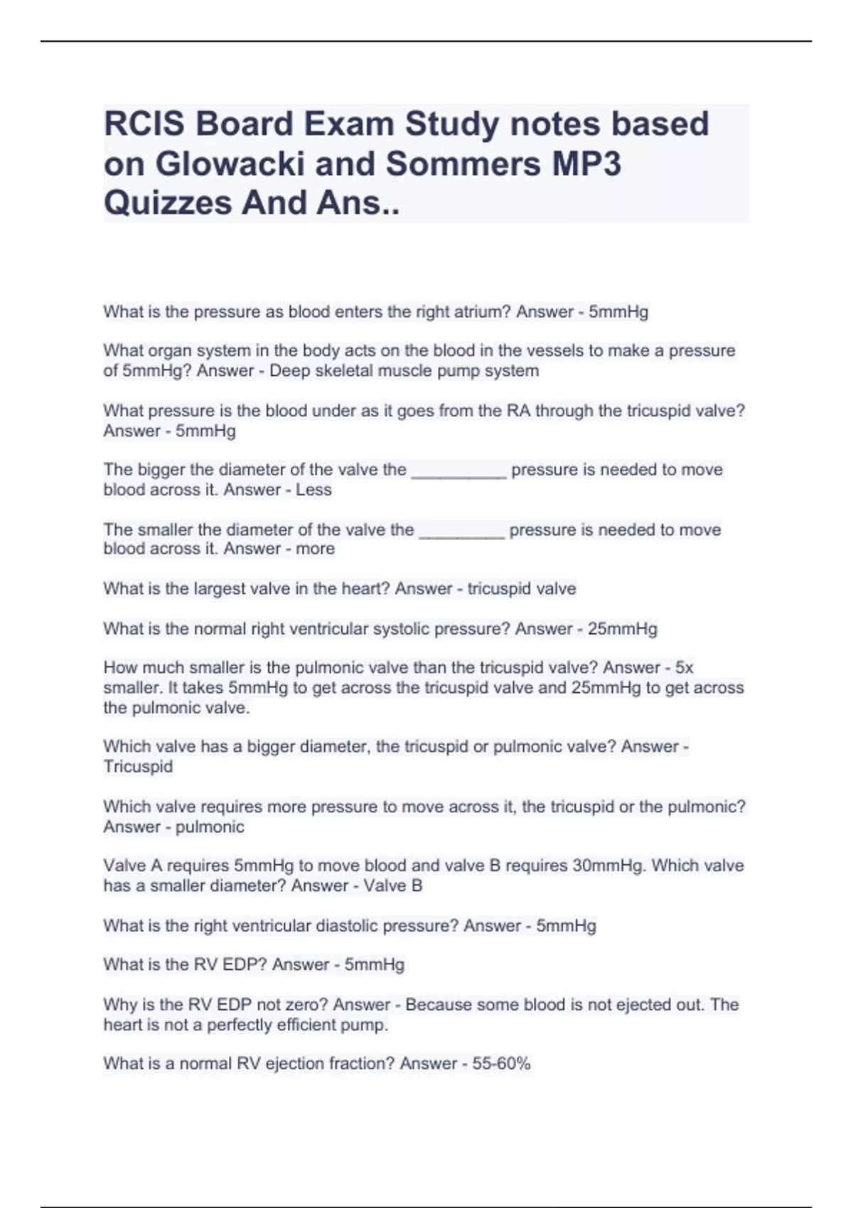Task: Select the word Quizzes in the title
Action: click(167, 203)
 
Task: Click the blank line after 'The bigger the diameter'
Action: click(458, 472)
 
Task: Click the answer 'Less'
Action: click(313, 490)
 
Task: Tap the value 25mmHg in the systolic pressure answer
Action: click(623, 629)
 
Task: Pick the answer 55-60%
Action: click(501, 1064)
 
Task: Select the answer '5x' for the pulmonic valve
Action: click(684, 668)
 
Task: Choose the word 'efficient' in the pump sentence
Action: click(323, 1025)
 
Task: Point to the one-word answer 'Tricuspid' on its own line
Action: click(138, 767)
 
